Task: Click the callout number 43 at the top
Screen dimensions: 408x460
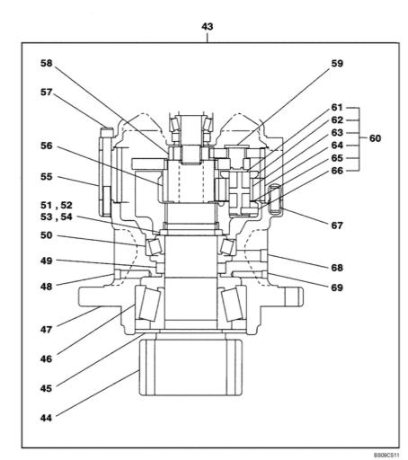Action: (x=208, y=27)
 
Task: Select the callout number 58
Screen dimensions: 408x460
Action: (x=47, y=63)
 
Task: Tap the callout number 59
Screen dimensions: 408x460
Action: (x=337, y=64)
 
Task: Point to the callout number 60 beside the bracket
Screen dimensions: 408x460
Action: (x=375, y=138)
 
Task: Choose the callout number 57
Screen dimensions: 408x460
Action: (x=47, y=93)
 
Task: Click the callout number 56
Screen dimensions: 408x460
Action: (x=47, y=146)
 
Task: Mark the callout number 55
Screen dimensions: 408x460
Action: (x=47, y=177)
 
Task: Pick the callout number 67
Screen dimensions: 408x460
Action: (x=337, y=226)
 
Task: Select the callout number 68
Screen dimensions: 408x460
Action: (x=337, y=268)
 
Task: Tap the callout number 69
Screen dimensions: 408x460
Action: (x=337, y=287)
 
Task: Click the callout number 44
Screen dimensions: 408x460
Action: (x=46, y=418)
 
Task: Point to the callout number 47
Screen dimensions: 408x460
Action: (x=46, y=330)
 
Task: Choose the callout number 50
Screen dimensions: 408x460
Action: (x=47, y=235)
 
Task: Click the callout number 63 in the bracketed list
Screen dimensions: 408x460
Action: (x=337, y=132)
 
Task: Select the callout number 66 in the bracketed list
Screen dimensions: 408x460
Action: (x=337, y=171)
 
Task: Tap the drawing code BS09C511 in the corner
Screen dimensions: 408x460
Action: (x=386, y=456)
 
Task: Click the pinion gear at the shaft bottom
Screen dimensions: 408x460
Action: (x=191, y=367)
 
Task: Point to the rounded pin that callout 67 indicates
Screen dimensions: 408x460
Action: (x=275, y=199)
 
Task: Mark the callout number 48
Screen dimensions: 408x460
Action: (x=47, y=287)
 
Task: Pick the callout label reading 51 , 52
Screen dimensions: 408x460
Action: (x=57, y=206)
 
